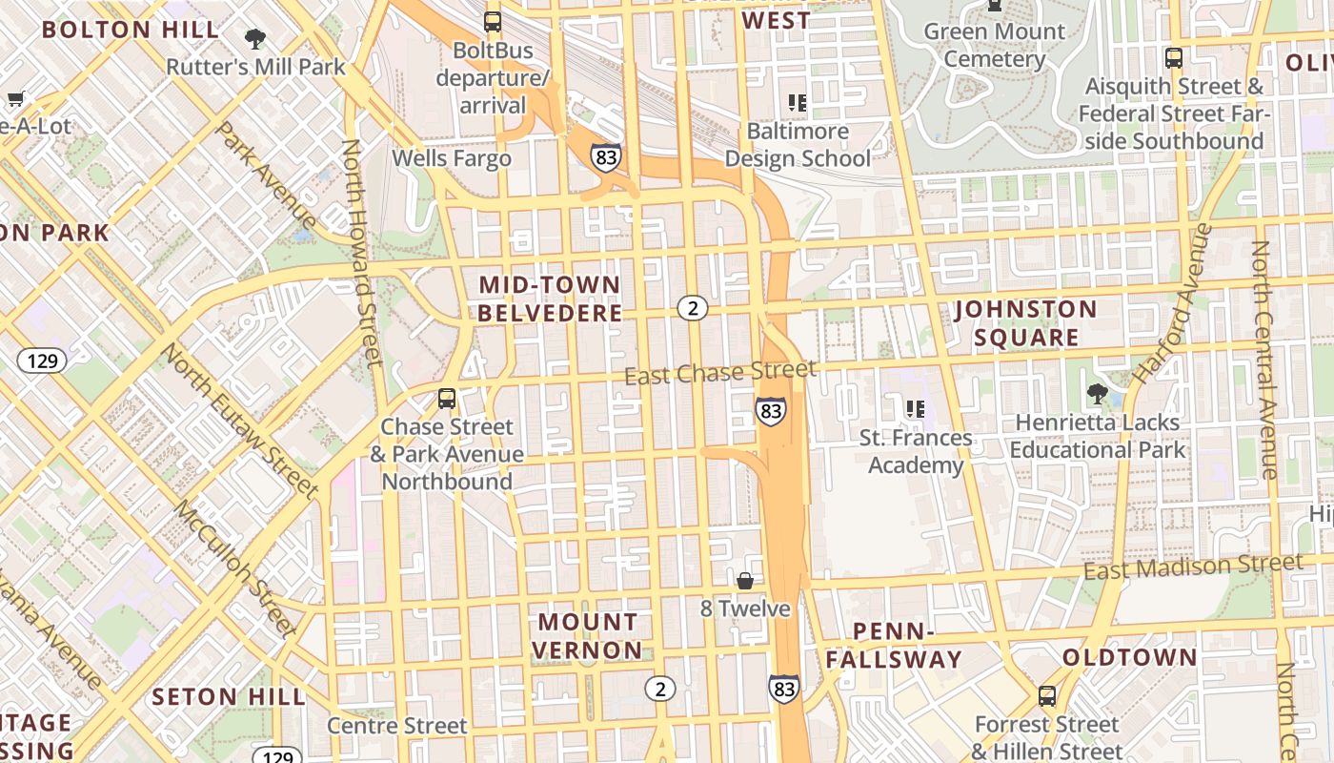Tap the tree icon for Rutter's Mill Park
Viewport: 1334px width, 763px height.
(x=254, y=39)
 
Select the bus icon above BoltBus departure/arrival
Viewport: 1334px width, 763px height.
(x=493, y=21)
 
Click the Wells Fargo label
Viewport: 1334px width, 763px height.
(x=452, y=158)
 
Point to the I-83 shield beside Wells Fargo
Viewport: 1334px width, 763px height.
(x=605, y=157)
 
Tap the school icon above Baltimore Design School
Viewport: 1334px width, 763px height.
(x=798, y=102)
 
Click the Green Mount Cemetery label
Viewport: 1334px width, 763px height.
(x=995, y=45)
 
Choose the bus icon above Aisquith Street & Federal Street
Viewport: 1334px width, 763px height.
(x=1174, y=57)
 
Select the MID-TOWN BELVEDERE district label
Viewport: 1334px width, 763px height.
(x=550, y=299)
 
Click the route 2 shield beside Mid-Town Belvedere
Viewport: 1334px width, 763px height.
(x=693, y=307)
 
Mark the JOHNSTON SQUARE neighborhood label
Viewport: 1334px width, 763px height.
(x=1026, y=323)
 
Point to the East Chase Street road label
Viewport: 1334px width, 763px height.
(x=720, y=373)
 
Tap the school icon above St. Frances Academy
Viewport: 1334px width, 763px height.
(x=916, y=409)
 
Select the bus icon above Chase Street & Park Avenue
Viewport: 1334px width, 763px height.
(x=446, y=399)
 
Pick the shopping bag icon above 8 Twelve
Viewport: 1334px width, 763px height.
(x=745, y=581)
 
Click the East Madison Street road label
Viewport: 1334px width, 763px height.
(x=1193, y=567)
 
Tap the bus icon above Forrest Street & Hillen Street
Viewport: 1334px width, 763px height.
(x=1047, y=696)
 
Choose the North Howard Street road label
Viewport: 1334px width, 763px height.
(x=362, y=253)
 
